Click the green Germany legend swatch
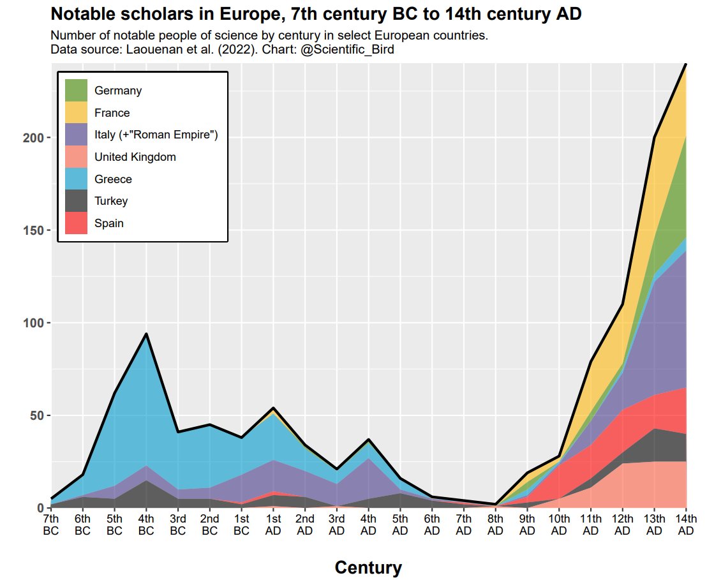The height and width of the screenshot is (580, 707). coord(77,91)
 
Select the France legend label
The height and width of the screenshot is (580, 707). coord(112,113)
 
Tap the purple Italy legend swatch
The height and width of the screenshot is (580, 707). coord(77,135)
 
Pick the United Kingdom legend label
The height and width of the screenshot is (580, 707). coord(135,157)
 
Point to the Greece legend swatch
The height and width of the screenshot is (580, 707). coord(77,179)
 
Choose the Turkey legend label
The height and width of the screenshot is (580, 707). coord(111,201)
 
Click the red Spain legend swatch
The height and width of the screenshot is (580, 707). coord(77,223)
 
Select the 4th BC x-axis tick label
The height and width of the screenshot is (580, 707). coord(146,524)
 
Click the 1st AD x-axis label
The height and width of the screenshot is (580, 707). coord(273,524)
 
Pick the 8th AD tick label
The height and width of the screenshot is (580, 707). coord(495,524)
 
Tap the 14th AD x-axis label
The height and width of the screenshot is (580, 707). coord(685,524)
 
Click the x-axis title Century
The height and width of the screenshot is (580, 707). coord(368,567)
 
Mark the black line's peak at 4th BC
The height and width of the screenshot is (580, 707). coord(146,334)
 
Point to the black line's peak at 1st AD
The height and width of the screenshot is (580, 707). coord(273,408)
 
